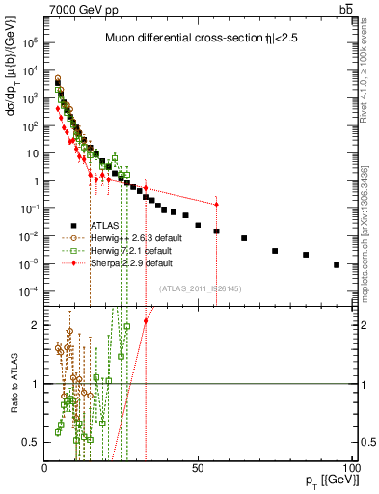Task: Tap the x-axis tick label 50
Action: [197, 467]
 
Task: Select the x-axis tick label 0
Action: [45, 467]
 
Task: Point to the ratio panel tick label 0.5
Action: [31, 442]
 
